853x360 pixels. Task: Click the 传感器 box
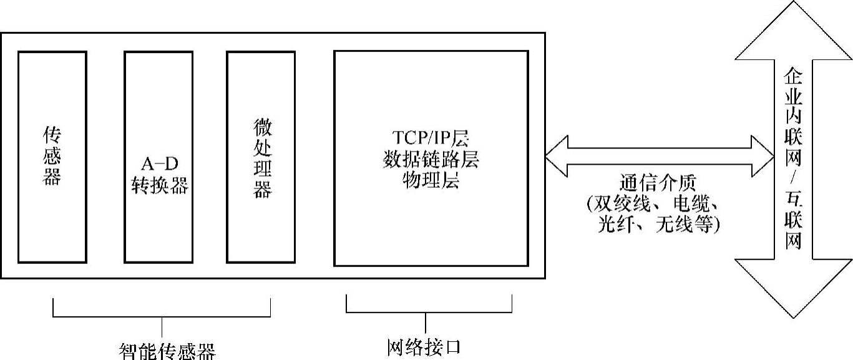tap(52, 157)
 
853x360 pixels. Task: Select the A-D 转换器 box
tap(158, 157)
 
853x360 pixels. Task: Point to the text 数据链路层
tap(431, 160)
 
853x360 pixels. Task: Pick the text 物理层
tap(431, 182)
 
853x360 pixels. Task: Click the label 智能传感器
tap(167, 351)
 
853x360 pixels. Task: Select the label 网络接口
tap(424, 346)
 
